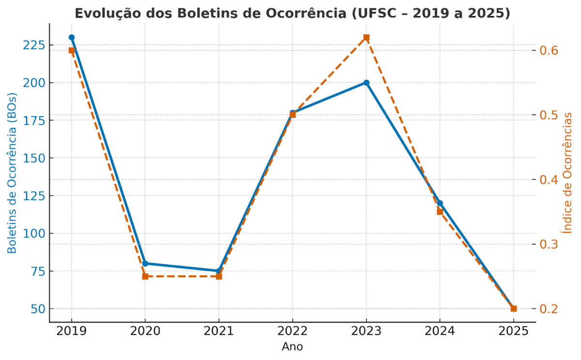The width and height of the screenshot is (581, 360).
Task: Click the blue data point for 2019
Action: (72, 37)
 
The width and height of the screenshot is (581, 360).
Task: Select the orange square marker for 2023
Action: (367, 37)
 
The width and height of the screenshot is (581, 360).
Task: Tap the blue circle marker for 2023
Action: (367, 82)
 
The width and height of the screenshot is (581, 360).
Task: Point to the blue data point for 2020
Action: (145, 264)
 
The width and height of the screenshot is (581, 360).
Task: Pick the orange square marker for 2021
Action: (219, 276)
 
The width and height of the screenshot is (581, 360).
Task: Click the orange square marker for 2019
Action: (72, 50)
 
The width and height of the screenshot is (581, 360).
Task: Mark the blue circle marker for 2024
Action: (440, 203)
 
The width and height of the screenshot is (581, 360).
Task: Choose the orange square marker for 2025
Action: (514, 309)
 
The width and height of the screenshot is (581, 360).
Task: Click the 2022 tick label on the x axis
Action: (292, 331)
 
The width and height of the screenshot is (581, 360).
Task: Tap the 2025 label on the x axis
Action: (514, 331)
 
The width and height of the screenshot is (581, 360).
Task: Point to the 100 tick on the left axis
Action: (34, 234)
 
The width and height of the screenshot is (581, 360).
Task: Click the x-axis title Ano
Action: (292, 347)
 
